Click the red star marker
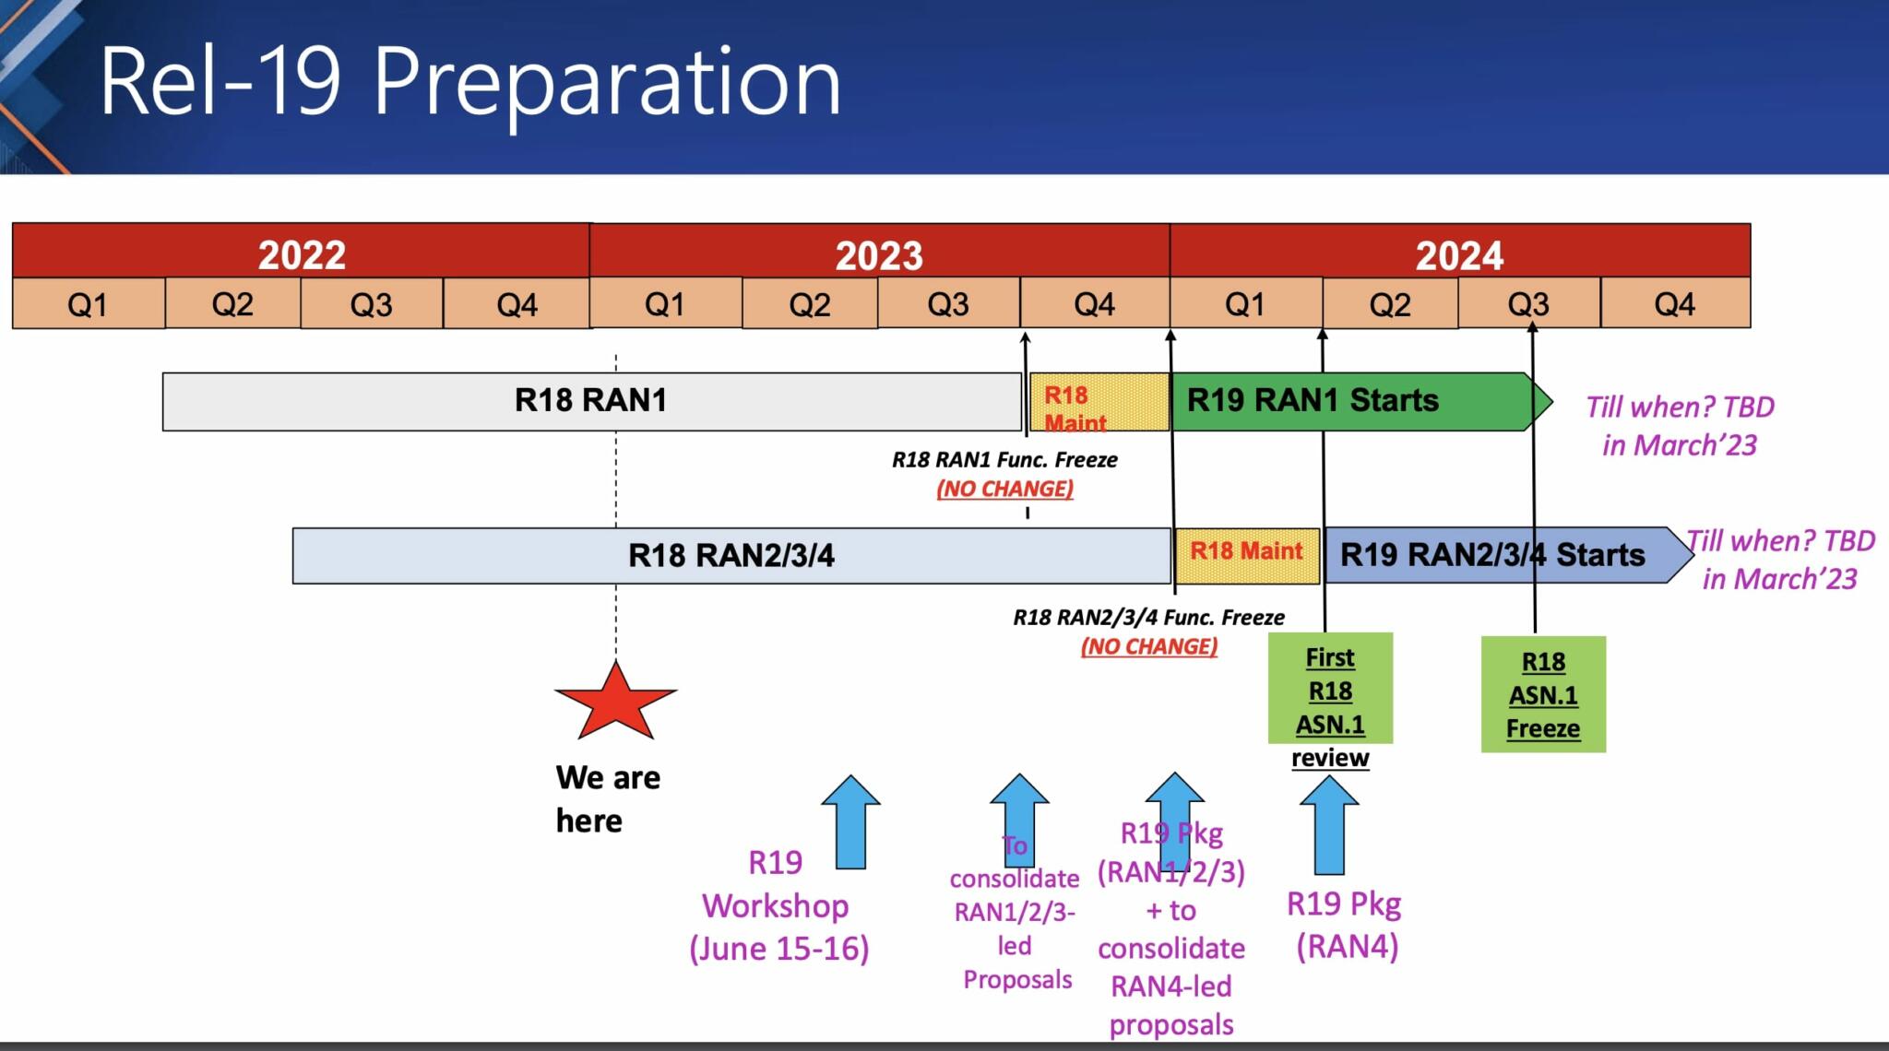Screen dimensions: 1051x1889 615,703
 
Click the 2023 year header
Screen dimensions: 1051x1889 879,254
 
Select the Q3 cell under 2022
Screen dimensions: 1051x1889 371,304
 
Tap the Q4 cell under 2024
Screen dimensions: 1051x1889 1674,304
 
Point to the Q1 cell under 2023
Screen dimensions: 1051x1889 664,304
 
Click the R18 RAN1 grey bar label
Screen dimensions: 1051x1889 590,400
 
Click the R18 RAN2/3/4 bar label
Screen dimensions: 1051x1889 731,555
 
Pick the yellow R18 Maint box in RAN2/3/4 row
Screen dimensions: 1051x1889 1246,555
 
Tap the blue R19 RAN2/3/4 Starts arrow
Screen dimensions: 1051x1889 1494,555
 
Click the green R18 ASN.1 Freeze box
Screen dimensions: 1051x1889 1543,695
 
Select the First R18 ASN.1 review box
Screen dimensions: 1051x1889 1330,690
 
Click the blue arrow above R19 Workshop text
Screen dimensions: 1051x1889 850,822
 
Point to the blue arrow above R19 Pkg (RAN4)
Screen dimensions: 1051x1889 1329,825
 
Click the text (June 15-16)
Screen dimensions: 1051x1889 779,949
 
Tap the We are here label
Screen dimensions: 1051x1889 607,798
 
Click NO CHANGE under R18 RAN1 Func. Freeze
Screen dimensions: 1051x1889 1004,489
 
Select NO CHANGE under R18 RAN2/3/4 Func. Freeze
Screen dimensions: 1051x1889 1148,646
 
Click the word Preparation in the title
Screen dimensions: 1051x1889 607,83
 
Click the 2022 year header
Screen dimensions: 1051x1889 302,254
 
